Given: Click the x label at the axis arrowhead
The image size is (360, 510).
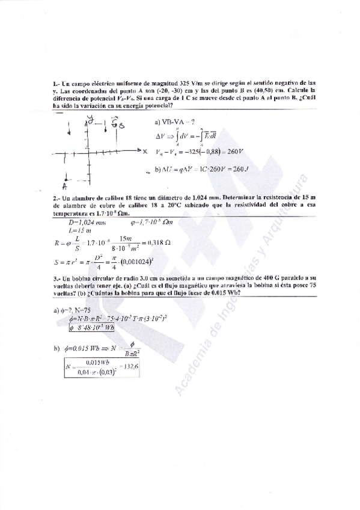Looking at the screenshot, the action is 146,150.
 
